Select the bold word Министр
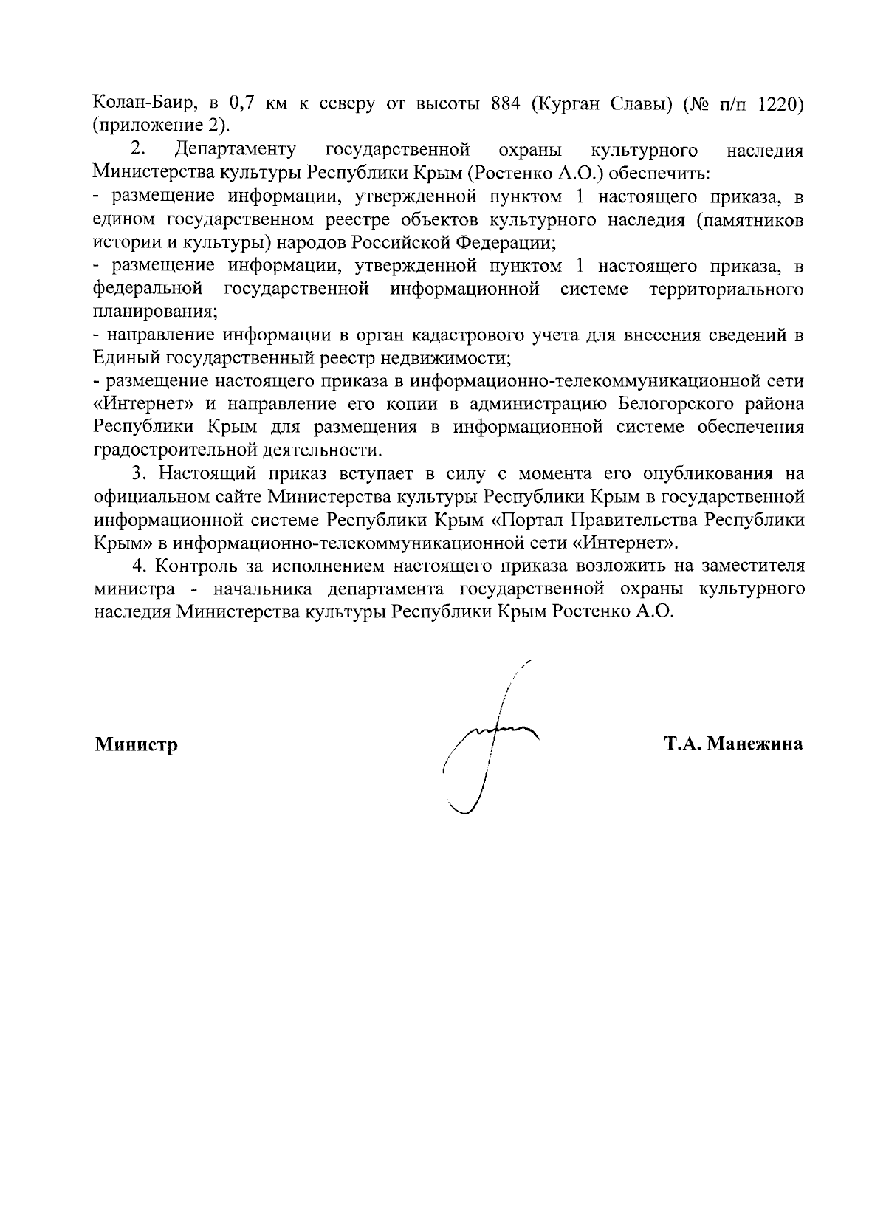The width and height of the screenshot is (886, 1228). [x=136, y=744]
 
